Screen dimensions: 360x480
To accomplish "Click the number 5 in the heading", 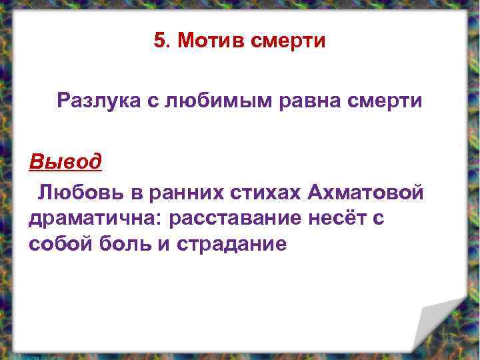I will tap(159, 41).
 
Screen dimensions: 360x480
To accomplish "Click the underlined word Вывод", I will tap(65, 161).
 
